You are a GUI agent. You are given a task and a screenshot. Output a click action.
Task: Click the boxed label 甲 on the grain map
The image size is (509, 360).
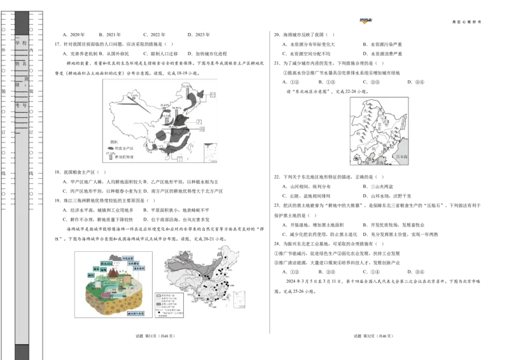[x=213, y=94]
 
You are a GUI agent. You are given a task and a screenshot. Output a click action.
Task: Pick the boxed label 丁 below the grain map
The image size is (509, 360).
[x=181, y=159]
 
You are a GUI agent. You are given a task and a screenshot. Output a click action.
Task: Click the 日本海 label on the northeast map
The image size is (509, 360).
[x=401, y=156]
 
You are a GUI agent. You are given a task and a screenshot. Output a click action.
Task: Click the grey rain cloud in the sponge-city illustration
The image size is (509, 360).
[x=115, y=262]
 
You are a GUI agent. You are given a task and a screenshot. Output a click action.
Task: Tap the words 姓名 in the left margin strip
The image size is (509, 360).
[x=22, y=64]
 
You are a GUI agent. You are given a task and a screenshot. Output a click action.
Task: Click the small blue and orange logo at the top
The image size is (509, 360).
[x=366, y=21]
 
